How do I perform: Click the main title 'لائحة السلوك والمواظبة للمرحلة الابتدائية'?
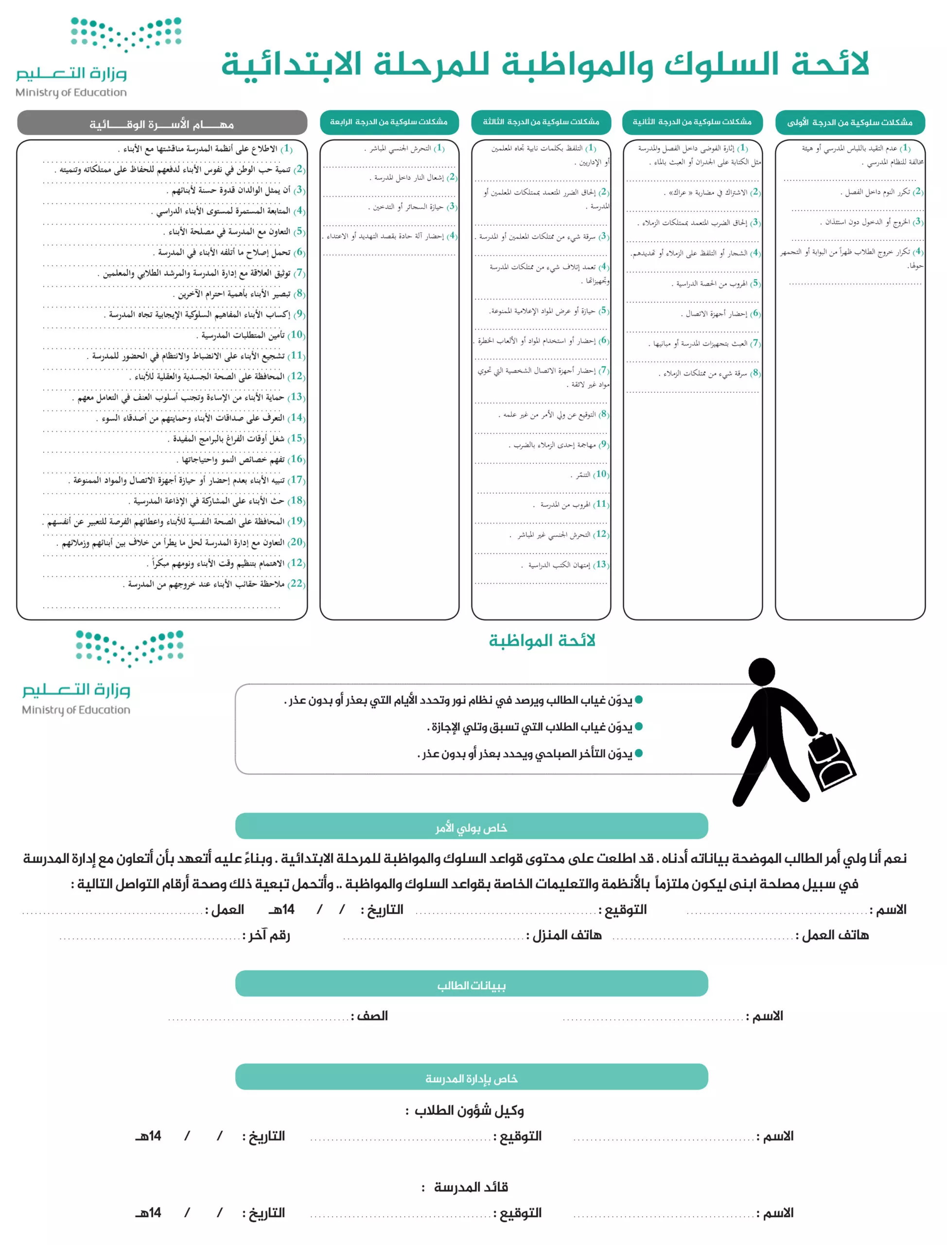click(x=544, y=64)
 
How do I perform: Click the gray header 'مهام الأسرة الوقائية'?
click(x=162, y=124)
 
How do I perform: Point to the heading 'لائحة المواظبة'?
click(x=542, y=640)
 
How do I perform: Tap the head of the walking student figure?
click(x=762, y=673)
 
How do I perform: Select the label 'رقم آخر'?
click(x=266, y=935)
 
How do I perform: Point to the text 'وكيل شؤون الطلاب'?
click(x=469, y=1111)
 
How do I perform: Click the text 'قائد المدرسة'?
click(x=470, y=1187)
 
